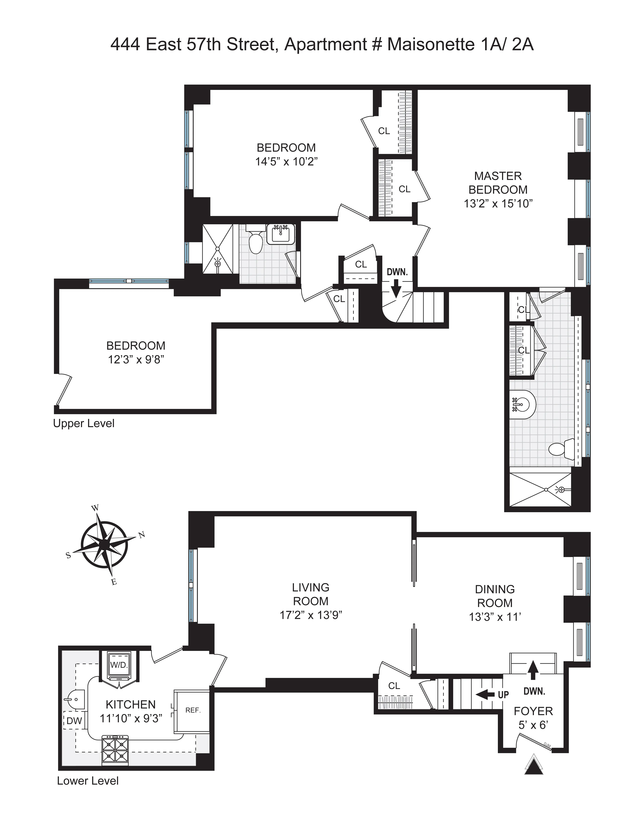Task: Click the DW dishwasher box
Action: [x=74, y=721]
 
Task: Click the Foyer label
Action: [x=533, y=711]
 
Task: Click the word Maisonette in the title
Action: [x=431, y=45]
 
